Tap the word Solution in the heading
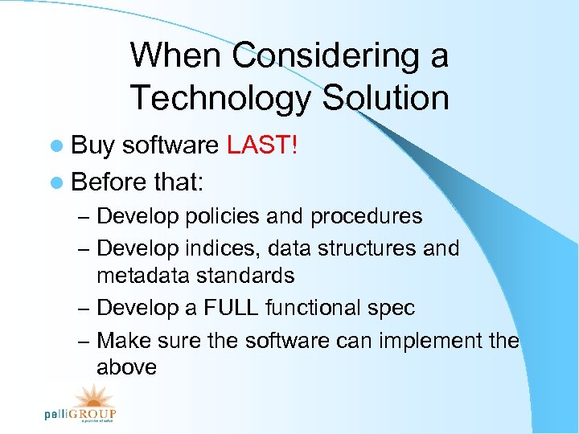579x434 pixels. [385, 98]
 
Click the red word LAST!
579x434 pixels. [262, 145]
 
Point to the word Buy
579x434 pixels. [94, 145]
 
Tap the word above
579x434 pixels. [126, 367]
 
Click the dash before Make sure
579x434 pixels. [84, 342]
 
